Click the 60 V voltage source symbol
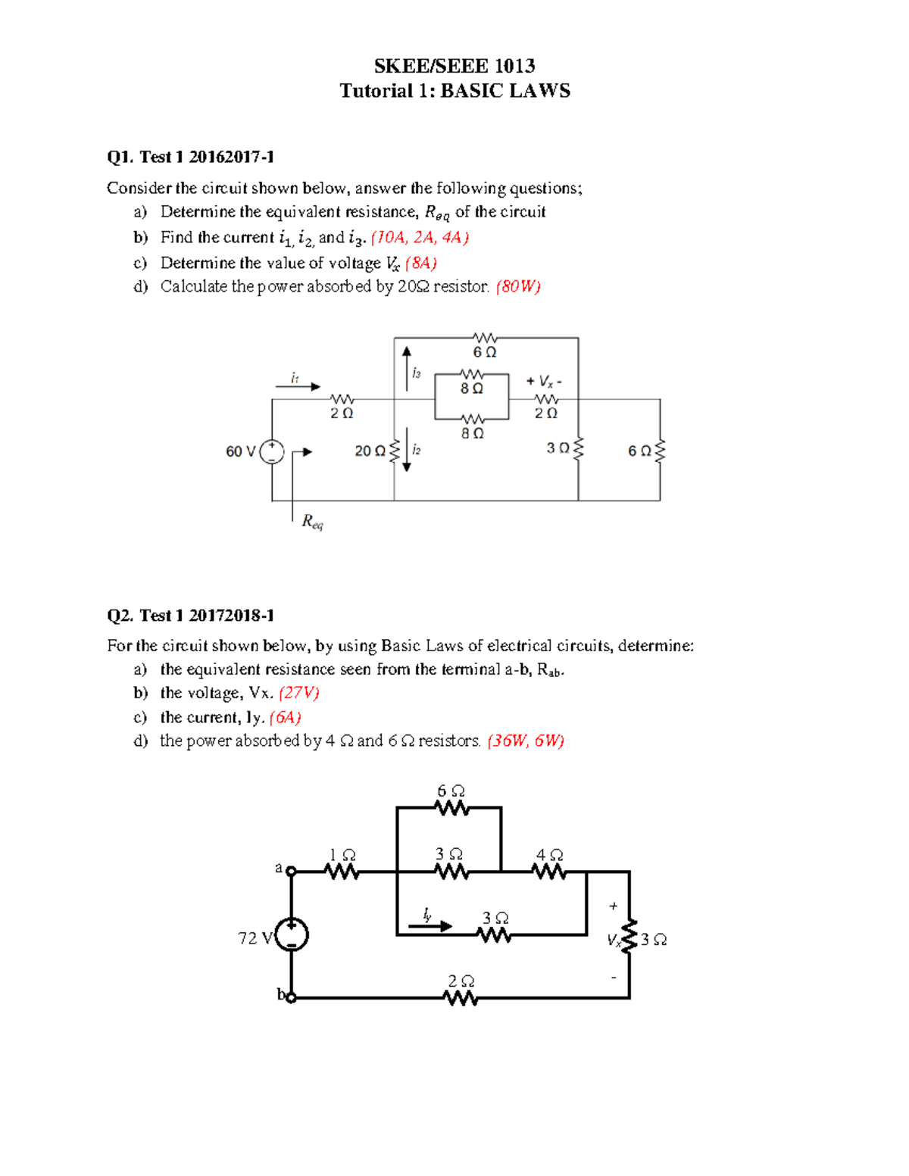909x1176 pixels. click(272, 452)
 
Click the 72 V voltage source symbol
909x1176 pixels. click(292, 934)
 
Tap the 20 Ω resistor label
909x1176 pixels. click(370, 451)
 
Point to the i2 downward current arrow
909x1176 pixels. click(407, 450)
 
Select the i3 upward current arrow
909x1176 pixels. click(407, 368)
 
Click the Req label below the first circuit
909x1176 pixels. click(312, 521)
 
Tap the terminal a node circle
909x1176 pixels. click(291, 872)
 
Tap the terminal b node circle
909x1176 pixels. click(291, 997)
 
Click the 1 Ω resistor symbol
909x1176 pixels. click(342, 872)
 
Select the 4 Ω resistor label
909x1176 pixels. click(549, 855)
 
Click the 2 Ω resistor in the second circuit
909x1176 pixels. click(461, 998)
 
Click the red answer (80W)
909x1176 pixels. click(518, 286)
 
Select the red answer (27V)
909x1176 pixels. click(299, 693)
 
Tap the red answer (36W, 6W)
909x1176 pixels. click(526, 741)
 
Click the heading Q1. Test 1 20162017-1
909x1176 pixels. click(190, 157)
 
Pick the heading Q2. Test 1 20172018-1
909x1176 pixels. click(190, 615)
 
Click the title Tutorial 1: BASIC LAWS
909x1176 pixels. click(454, 91)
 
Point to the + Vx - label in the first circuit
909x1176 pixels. click(544, 382)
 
